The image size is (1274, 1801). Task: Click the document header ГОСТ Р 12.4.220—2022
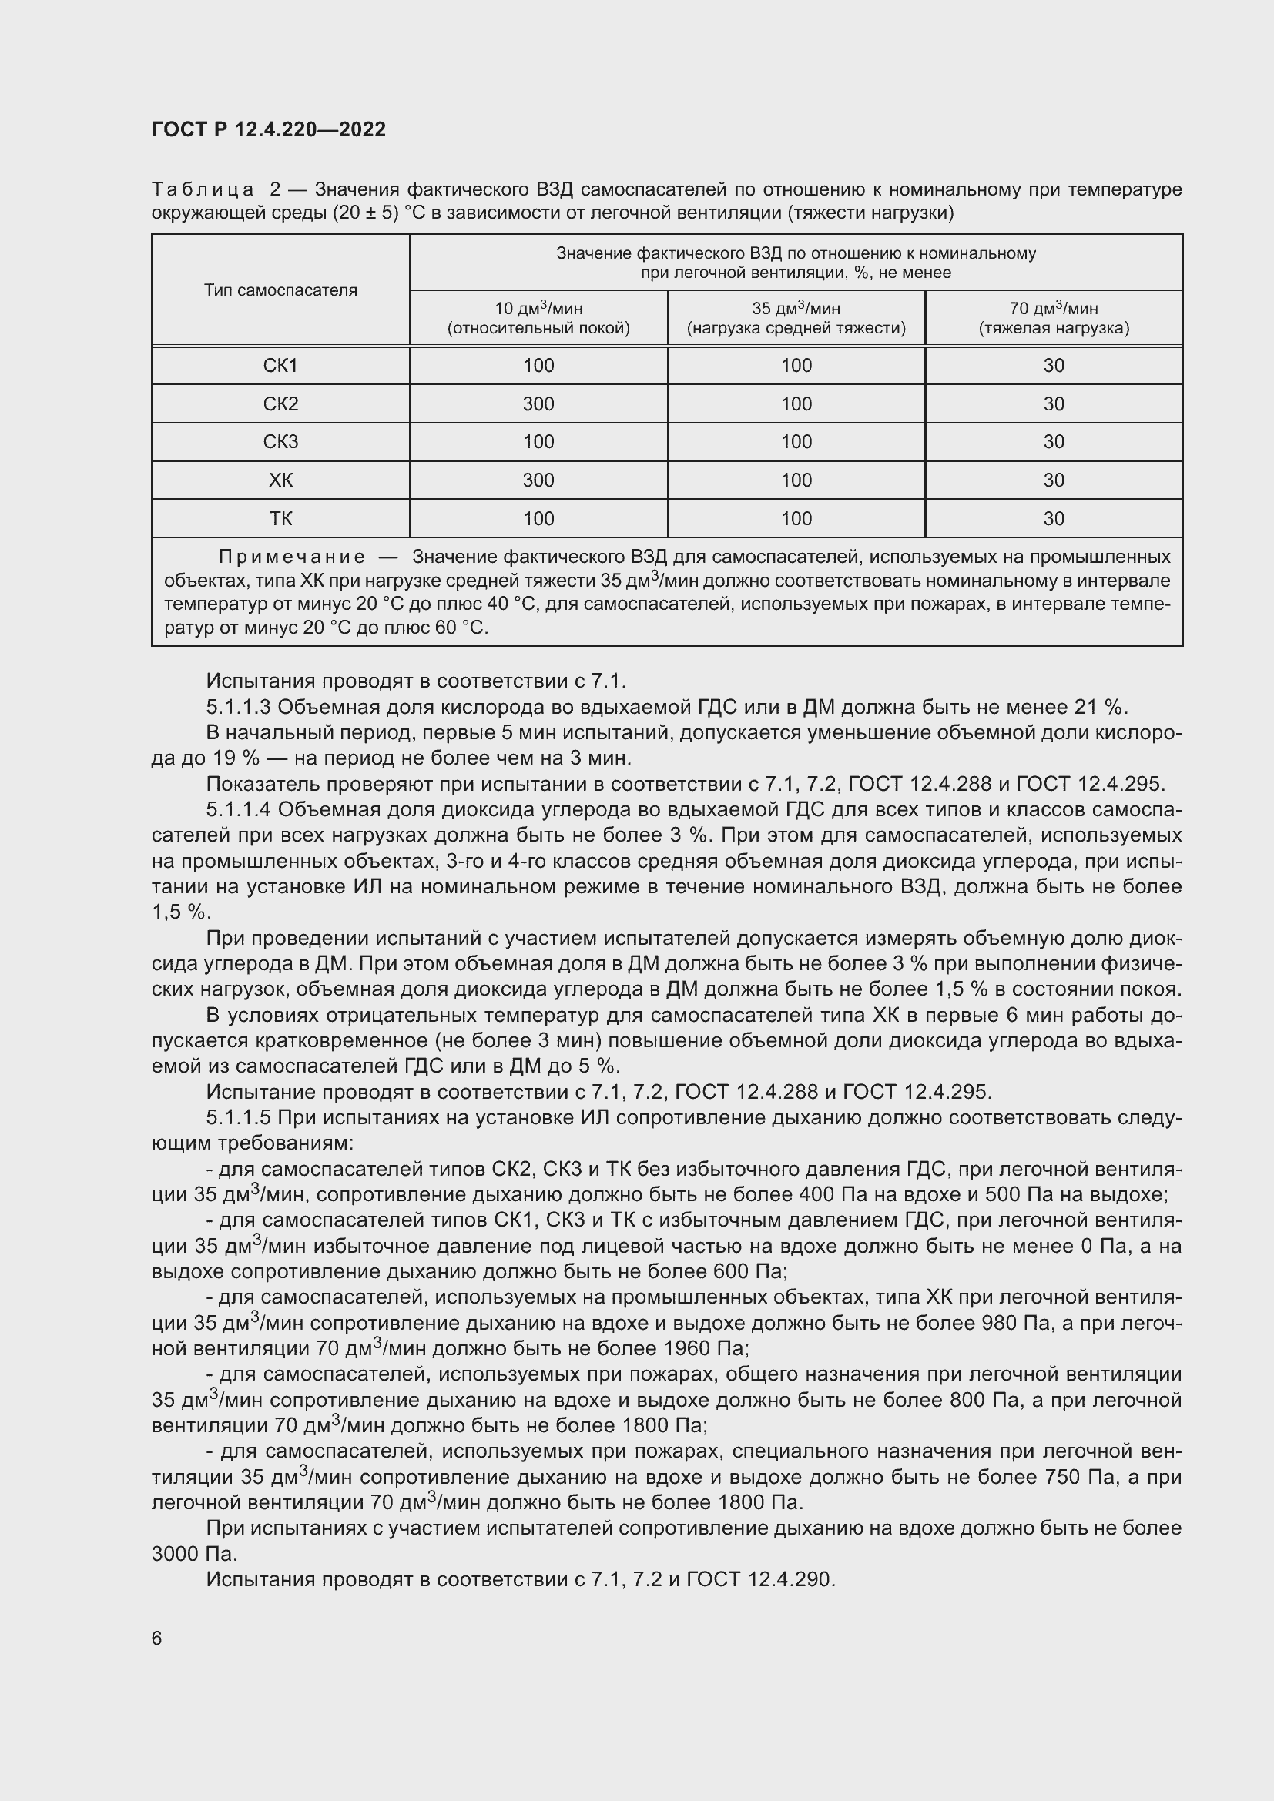[268, 129]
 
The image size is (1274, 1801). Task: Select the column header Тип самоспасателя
[280, 290]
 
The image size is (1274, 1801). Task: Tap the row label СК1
[280, 366]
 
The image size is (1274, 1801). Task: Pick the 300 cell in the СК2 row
[538, 404]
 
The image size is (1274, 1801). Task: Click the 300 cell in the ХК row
[538, 480]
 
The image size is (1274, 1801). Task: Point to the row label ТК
[280, 518]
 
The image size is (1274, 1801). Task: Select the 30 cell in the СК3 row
[1054, 442]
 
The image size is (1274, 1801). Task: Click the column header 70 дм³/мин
[1054, 308]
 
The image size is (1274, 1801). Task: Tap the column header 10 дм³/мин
[538, 308]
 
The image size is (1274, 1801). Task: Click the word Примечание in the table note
[292, 557]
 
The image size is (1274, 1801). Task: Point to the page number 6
[157, 1638]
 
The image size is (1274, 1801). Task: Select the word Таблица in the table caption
[203, 190]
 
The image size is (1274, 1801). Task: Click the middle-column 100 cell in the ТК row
[796, 518]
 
